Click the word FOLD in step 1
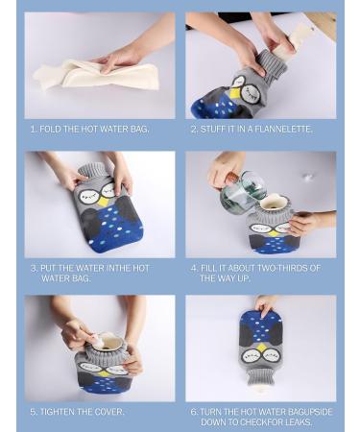(x=51, y=129)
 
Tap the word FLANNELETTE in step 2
(x=285, y=129)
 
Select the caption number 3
(x=34, y=269)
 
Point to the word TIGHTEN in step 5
(x=57, y=412)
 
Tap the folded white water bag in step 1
(x=91, y=73)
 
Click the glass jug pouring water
(x=239, y=191)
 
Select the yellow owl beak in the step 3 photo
(x=102, y=202)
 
